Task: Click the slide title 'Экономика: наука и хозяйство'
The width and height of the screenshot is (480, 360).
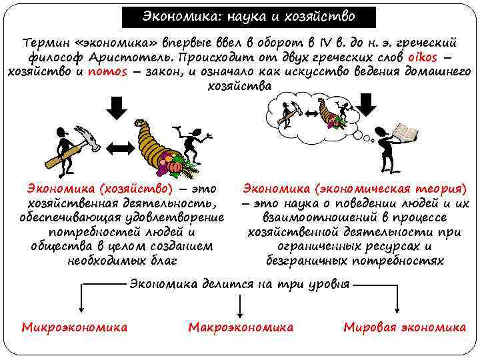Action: tap(249, 17)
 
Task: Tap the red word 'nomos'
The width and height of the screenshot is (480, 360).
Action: tap(107, 72)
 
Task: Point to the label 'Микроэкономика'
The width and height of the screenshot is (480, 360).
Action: tap(75, 327)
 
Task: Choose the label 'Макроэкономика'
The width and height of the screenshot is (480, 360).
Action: tap(241, 327)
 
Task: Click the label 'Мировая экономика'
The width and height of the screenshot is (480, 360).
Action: tap(405, 327)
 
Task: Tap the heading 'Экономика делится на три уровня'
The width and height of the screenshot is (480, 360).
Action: tap(239, 284)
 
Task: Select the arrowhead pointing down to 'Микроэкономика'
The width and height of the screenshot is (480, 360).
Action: tap(81, 309)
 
